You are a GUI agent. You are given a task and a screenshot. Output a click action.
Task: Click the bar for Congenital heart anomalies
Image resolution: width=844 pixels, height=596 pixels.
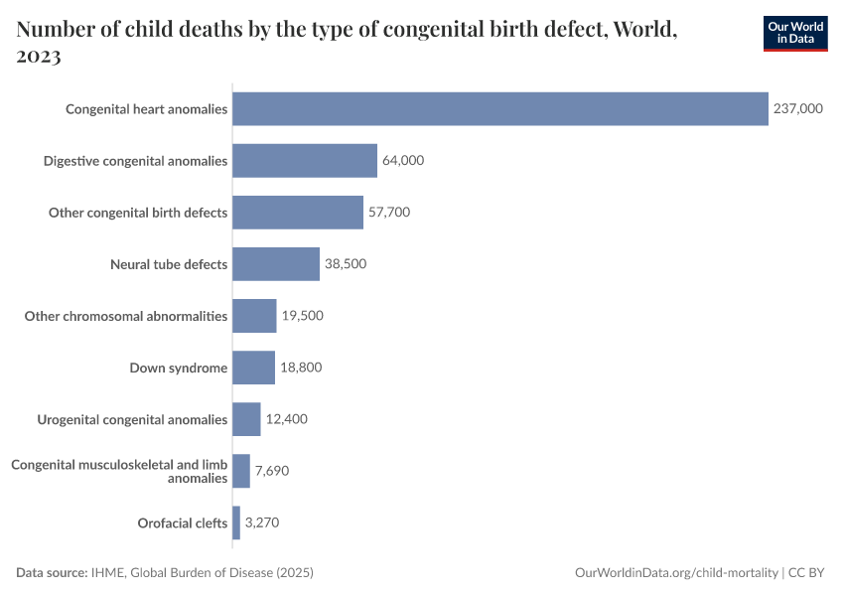pyautogui.click(x=500, y=108)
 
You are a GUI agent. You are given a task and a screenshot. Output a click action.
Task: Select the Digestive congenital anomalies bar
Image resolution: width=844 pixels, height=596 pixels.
pyautogui.click(x=305, y=160)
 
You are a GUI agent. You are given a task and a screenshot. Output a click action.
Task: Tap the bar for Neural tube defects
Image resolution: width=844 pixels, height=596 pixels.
pyautogui.click(x=276, y=264)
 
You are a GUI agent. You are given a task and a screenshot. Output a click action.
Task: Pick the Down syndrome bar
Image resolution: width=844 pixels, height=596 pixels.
pyautogui.click(x=253, y=368)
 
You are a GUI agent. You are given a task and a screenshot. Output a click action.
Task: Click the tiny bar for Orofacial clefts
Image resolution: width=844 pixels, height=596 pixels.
pyautogui.click(x=236, y=522)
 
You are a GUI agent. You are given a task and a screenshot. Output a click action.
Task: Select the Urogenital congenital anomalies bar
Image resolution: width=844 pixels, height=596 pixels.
pyautogui.click(x=246, y=419)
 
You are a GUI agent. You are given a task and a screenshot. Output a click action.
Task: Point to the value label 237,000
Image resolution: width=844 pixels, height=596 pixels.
pyautogui.click(x=798, y=108)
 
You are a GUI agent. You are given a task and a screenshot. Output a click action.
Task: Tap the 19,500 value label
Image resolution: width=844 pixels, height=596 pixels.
pyautogui.click(x=302, y=316)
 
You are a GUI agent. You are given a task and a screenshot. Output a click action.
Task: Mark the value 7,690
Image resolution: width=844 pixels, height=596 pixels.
pyautogui.click(x=271, y=471)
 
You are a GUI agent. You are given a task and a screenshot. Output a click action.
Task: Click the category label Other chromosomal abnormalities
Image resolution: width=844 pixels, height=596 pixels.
pyautogui.click(x=126, y=316)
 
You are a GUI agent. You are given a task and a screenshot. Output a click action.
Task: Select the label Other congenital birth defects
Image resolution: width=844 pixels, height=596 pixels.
pyautogui.click(x=138, y=213)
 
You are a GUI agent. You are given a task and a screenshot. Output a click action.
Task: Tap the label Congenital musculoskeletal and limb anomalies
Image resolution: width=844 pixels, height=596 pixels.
pyautogui.click(x=119, y=471)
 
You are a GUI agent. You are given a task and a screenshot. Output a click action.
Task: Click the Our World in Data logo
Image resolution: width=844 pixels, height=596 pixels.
pyautogui.click(x=795, y=33)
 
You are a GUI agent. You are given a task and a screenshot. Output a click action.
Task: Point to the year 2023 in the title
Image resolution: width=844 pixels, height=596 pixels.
pyautogui.click(x=39, y=57)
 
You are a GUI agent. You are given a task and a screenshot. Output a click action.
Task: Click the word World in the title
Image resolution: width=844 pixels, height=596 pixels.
pyautogui.click(x=643, y=29)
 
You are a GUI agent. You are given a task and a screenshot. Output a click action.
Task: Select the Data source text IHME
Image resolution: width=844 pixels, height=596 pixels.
pyautogui.click(x=109, y=573)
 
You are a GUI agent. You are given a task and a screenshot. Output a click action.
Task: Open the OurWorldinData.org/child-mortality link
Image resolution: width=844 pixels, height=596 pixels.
pyautogui.click(x=676, y=573)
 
